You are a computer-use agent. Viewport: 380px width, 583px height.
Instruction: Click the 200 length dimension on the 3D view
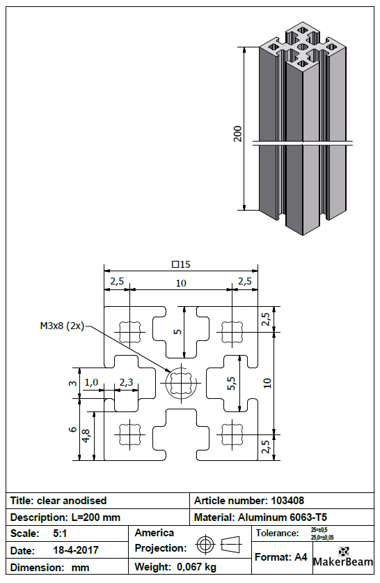237,134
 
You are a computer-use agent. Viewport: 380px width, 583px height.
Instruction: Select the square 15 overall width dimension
181,264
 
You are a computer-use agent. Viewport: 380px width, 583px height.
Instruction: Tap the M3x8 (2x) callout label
63,326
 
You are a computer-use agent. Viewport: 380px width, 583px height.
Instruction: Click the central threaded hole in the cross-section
181,383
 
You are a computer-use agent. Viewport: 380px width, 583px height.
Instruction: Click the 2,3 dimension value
126,382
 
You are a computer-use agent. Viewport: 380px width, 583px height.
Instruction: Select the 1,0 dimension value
91,382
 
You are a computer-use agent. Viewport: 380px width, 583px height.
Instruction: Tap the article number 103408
287,501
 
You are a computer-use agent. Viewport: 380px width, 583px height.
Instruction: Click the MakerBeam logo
343,556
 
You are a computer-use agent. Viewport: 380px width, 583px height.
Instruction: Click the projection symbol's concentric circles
205,545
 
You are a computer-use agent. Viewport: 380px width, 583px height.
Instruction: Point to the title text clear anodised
72,501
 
